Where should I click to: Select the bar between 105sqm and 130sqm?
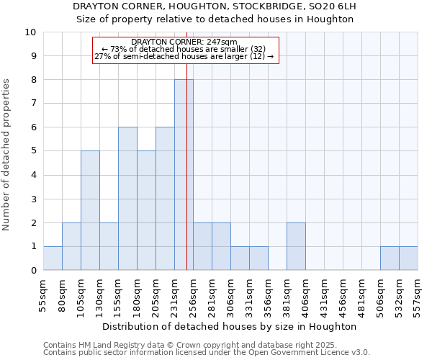90,210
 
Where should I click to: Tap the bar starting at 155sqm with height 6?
127,199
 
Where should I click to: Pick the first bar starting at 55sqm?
53,258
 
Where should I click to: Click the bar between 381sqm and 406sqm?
296,246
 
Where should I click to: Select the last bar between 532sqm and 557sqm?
408,258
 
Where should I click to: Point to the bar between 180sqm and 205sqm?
146,210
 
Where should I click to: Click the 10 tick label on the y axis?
30,32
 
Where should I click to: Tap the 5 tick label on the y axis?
33,151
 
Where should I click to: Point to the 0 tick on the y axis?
33,270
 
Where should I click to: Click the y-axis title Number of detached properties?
7,155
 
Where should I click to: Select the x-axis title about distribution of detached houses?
230,326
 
